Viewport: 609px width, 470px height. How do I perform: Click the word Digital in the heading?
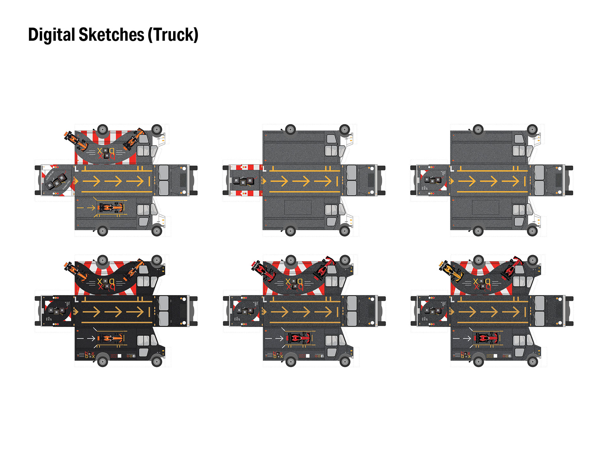[51, 35]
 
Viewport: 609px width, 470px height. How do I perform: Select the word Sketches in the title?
[111, 35]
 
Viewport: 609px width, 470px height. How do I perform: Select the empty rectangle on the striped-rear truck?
[298, 207]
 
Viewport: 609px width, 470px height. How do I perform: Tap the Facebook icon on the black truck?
[134, 356]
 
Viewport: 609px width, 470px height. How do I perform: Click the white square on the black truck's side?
[120, 356]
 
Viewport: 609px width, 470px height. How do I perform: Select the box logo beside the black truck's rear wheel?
[89, 355]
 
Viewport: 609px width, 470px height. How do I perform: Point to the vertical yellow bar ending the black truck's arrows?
[149, 312]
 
